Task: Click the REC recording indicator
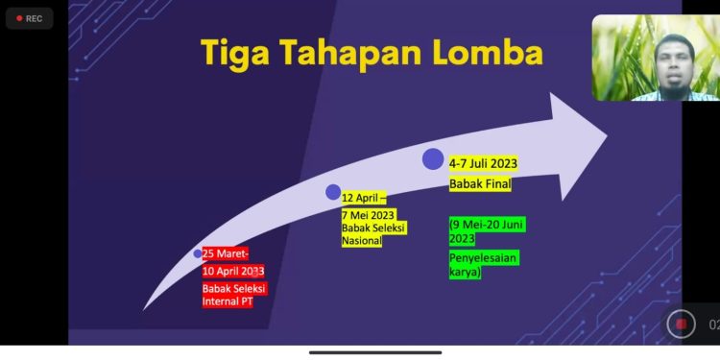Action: [29, 18]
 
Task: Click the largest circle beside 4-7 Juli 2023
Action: [433, 159]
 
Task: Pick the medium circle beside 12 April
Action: [333, 192]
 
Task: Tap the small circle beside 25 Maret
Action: [198, 253]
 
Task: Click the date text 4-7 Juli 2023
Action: [491, 163]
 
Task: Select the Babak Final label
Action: [480, 183]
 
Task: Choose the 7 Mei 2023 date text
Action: [369, 215]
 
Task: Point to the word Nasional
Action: [362, 241]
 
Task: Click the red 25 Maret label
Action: [226, 253]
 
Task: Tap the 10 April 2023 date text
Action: [233, 271]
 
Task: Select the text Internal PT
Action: [228, 301]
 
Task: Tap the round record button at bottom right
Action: [681, 324]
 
